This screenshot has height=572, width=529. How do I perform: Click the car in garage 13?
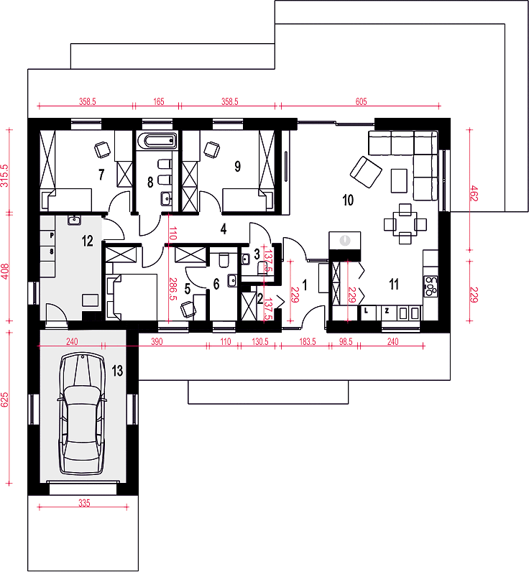pyautogui.click(x=83, y=414)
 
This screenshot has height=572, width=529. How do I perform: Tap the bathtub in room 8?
pyautogui.click(x=157, y=141)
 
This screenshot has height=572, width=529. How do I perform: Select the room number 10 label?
pyautogui.click(x=348, y=200)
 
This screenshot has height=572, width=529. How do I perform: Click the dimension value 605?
pyautogui.click(x=362, y=101)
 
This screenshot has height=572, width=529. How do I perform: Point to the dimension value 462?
pyautogui.click(x=474, y=193)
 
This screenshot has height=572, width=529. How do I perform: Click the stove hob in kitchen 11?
pyautogui.click(x=431, y=286)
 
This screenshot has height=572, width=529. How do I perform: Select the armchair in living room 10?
pyautogui.click(x=366, y=172)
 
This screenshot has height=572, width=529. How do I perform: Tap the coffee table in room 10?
pyautogui.click(x=399, y=180)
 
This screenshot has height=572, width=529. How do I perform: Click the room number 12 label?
pyautogui.click(x=87, y=241)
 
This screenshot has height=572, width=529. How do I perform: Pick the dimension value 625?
pyautogui.click(x=4, y=400)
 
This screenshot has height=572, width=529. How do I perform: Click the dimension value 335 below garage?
pyautogui.click(x=84, y=503)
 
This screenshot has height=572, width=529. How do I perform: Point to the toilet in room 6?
pyautogui.click(x=224, y=259)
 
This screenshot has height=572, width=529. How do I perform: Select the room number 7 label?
pyautogui.click(x=101, y=175)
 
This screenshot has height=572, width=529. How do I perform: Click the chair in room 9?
pyautogui.click(x=212, y=149)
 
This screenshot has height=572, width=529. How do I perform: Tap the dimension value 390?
pyautogui.click(x=157, y=342)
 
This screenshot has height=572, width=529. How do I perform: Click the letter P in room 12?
pyautogui.click(x=52, y=236)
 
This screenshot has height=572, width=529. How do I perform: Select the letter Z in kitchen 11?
pyautogui.click(x=387, y=311)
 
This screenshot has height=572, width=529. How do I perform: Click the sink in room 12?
pyautogui.click(x=74, y=220)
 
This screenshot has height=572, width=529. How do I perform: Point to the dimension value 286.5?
pyautogui.click(x=173, y=289)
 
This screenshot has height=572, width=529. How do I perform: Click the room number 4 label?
pyautogui.click(x=224, y=229)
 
